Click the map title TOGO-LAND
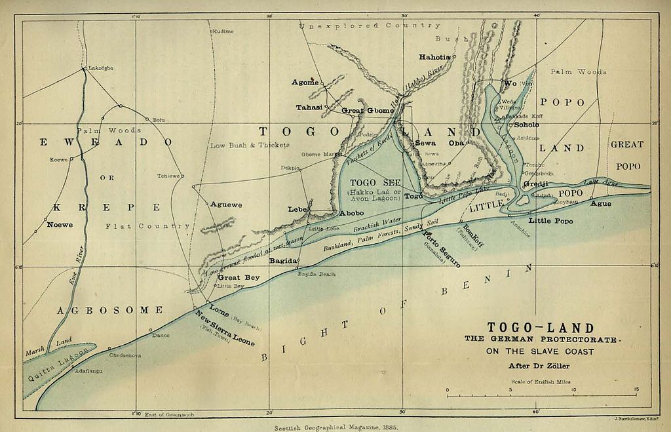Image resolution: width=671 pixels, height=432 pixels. pos(541,328)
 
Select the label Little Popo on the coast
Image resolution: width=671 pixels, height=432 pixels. pos(550,221)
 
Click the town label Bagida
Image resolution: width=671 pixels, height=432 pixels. pos(284,261)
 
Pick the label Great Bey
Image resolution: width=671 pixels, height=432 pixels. pos(239,278)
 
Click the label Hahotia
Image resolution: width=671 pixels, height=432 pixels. pos(435,57)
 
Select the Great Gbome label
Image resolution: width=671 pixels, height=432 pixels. pos(368,111)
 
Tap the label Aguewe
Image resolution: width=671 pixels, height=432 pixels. pos(226,205)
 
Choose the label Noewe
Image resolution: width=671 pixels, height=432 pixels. pos(60,225)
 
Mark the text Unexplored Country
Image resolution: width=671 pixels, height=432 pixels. pos(370,26)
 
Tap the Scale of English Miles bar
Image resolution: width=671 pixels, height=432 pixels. pos(541,395)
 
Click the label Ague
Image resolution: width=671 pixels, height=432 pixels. pos(601,204)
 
